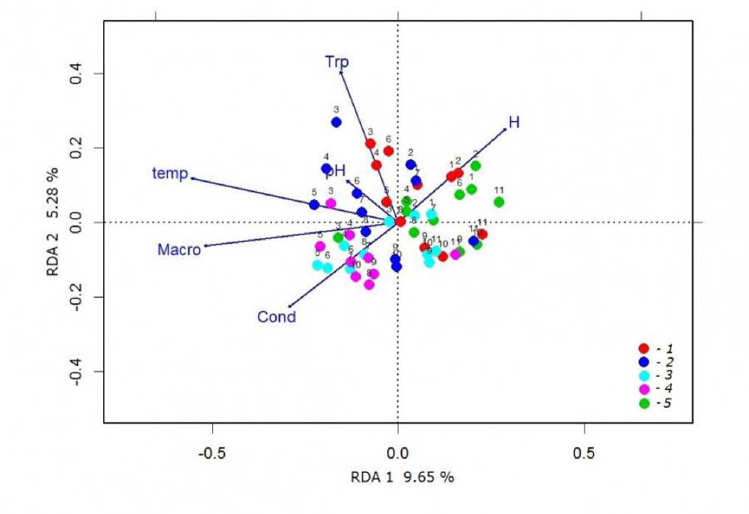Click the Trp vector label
point(337,62)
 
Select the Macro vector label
point(179,250)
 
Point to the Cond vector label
point(276,318)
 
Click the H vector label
point(514,122)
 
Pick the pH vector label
point(336,170)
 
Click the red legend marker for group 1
point(644,348)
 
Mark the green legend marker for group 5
point(644,403)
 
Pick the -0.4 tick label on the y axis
point(75,371)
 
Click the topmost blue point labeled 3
point(336,122)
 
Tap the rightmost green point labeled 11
point(499,202)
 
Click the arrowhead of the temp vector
point(192,178)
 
